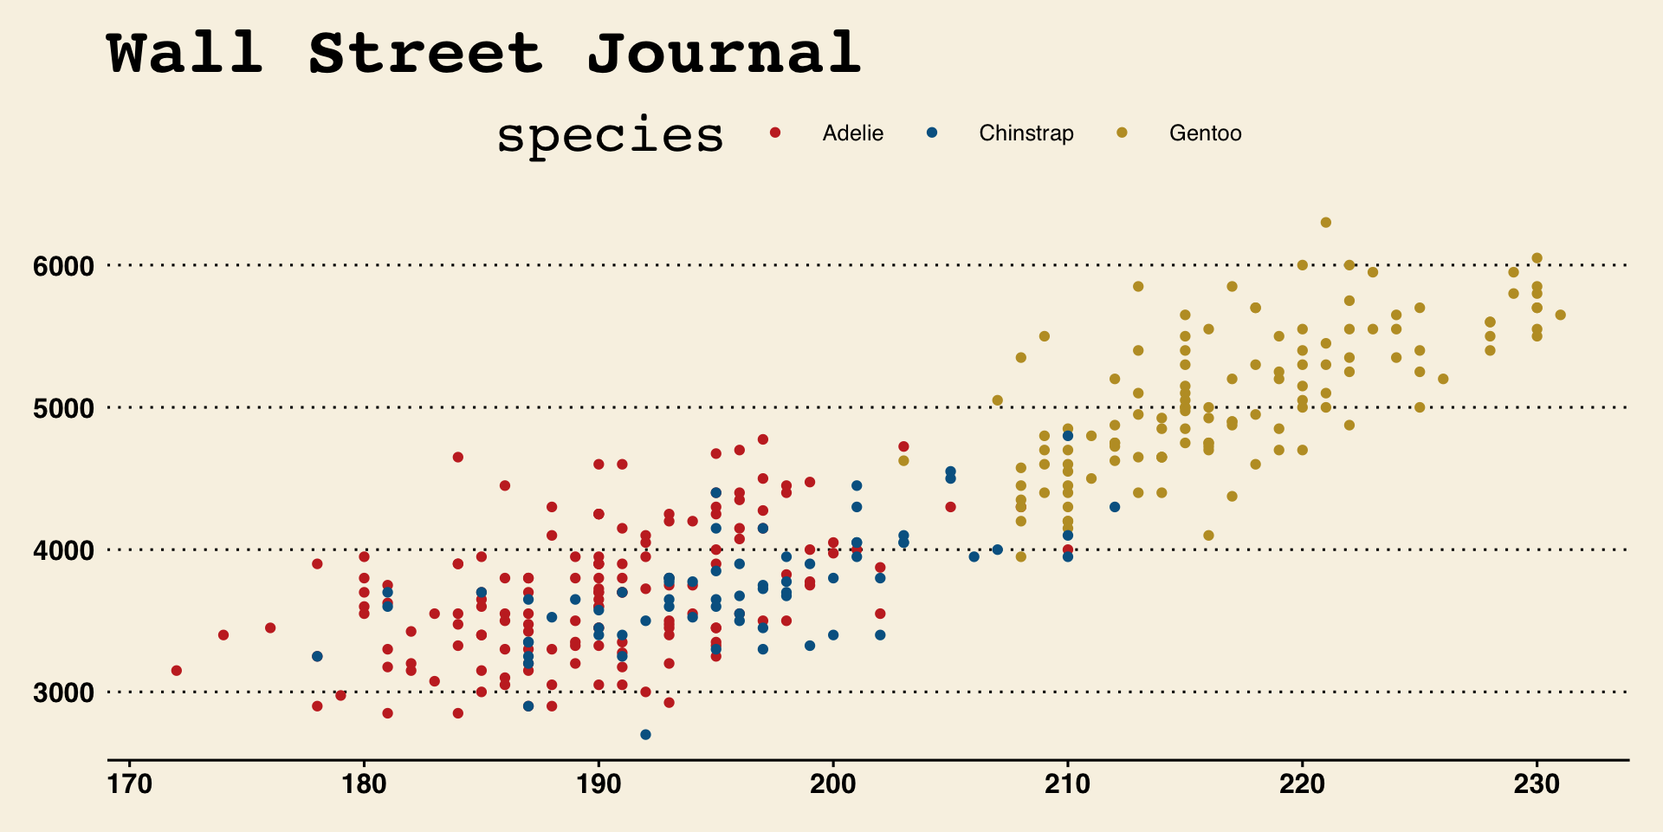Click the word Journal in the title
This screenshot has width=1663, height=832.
click(x=724, y=54)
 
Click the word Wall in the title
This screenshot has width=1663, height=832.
click(x=185, y=54)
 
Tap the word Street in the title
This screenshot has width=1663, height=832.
click(x=425, y=54)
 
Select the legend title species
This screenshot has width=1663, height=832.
click(x=610, y=136)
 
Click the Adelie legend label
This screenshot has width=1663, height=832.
click(x=852, y=133)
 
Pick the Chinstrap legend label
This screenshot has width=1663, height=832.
click(x=1026, y=133)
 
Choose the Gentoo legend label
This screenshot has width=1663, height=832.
click(x=1205, y=133)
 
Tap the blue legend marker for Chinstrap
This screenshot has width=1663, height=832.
click(x=932, y=133)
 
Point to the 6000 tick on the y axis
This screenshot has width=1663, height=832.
click(x=63, y=266)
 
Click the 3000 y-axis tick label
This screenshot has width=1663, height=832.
click(x=63, y=692)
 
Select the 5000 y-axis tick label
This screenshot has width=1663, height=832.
click(x=63, y=408)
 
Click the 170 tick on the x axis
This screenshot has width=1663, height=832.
click(x=130, y=784)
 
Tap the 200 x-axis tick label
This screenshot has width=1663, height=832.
click(x=833, y=784)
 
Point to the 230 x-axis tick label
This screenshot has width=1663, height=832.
click(x=1537, y=784)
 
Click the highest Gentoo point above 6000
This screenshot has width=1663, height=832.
click(x=1325, y=223)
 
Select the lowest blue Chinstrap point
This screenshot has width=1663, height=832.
click(x=645, y=735)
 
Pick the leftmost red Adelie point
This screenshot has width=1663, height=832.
click(x=177, y=671)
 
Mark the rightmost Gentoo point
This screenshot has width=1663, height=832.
click(x=1560, y=315)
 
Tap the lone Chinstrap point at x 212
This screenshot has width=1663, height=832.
click(x=1115, y=507)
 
